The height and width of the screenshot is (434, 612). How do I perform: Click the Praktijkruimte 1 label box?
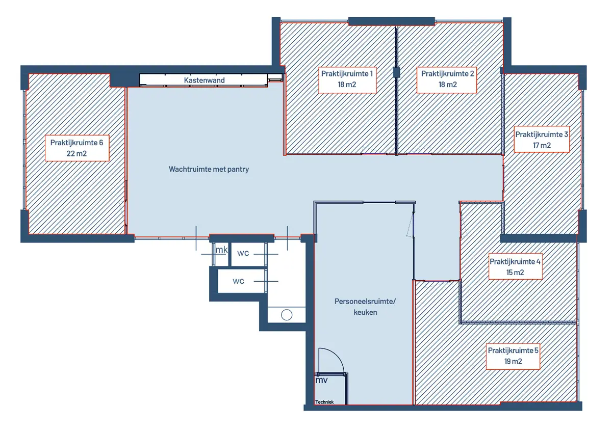pyautogui.click(x=347, y=80)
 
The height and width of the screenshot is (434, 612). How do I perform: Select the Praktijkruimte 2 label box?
pyautogui.click(x=447, y=80)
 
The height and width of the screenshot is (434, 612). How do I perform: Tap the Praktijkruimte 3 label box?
pyautogui.click(x=542, y=139)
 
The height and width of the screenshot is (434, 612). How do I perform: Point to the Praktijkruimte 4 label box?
pyautogui.click(x=515, y=266)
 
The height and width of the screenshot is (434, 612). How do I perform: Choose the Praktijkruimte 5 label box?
pyautogui.click(x=513, y=357)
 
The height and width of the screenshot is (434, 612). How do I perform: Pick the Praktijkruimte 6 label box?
pyautogui.click(x=77, y=148)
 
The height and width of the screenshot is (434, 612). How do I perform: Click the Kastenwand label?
pyautogui.click(x=205, y=80)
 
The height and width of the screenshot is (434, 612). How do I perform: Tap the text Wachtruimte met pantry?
pyautogui.click(x=209, y=169)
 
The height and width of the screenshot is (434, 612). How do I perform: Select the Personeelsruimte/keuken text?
pyautogui.click(x=365, y=307)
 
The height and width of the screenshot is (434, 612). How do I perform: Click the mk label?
pyautogui.click(x=221, y=250)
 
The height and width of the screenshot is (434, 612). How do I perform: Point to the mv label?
pyautogui.click(x=321, y=380)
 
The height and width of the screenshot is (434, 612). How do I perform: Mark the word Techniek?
pyautogui.click(x=324, y=402)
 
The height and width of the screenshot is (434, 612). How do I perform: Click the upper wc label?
pyautogui.click(x=243, y=253)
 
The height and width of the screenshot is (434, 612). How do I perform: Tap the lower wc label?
pyautogui.click(x=238, y=281)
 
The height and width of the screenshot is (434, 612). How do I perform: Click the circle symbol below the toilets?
pyautogui.click(x=287, y=315)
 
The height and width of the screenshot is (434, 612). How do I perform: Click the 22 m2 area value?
pyautogui.click(x=77, y=154)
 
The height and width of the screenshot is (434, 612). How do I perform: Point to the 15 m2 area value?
pyautogui.click(x=515, y=273)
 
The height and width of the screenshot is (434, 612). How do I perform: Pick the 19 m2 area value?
pyautogui.click(x=513, y=361)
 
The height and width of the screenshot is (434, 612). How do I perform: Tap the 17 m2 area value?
pyautogui.click(x=542, y=145)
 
